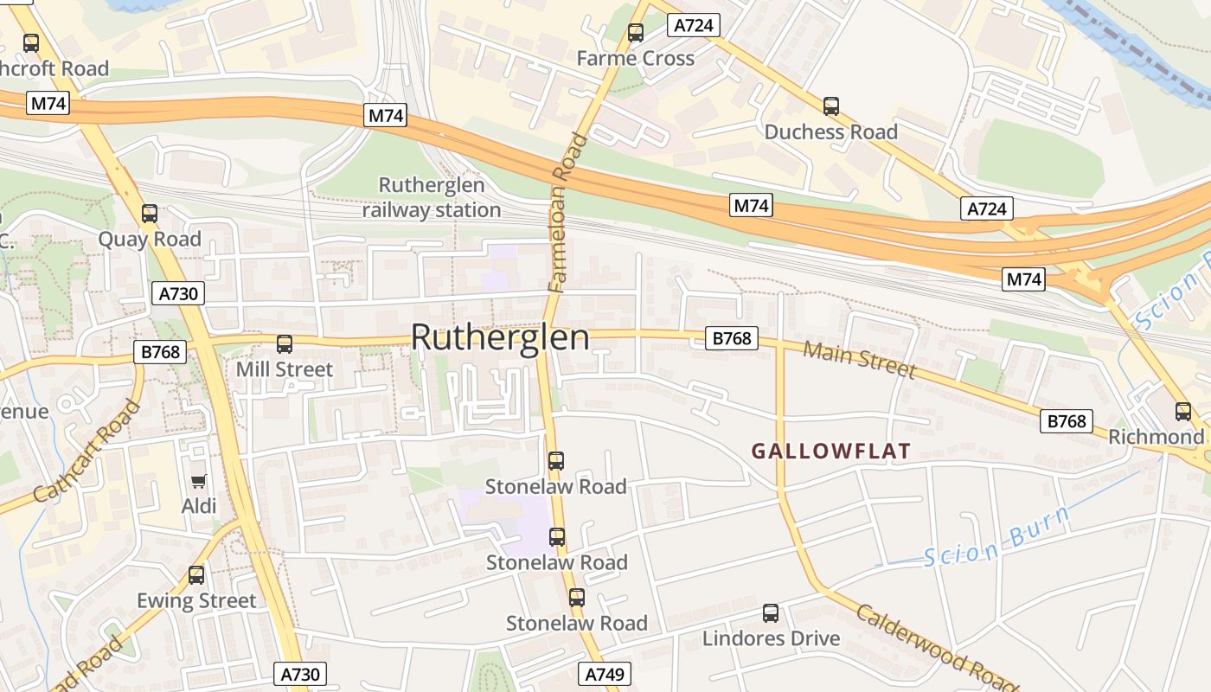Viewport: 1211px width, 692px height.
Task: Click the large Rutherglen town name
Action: tap(500, 337)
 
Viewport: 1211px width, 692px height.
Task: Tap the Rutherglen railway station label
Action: tap(431, 197)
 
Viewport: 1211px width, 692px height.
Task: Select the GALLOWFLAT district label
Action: tap(830, 451)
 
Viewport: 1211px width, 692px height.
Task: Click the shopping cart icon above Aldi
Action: tap(199, 481)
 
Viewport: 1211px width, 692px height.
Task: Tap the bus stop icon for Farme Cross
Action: tap(636, 34)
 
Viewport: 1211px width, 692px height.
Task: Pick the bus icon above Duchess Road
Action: tap(831, 106)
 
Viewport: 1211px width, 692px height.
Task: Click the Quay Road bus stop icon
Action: tap(150, 214)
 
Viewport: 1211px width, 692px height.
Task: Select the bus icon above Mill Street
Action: tap(285, 344)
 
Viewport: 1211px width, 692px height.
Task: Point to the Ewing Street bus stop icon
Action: tap(196, 575)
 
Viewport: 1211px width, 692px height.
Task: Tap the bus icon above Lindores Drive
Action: tap(771, 613)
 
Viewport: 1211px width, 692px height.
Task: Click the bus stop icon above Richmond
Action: tap(1183, 412)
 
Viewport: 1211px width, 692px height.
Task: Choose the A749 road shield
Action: tap(604, 674)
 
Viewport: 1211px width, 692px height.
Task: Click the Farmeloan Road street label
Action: tap(567, 213)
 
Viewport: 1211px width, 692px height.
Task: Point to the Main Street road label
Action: tap(859, 359)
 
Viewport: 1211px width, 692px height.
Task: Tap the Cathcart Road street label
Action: tap(87, 452)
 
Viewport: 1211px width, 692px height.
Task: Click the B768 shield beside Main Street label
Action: tap(732, 338)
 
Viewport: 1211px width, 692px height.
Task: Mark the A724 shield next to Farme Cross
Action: tap(694, 25)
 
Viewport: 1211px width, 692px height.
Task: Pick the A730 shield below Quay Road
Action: tap(179, 293)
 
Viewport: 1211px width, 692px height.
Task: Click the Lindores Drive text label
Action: tap(771, 638)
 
